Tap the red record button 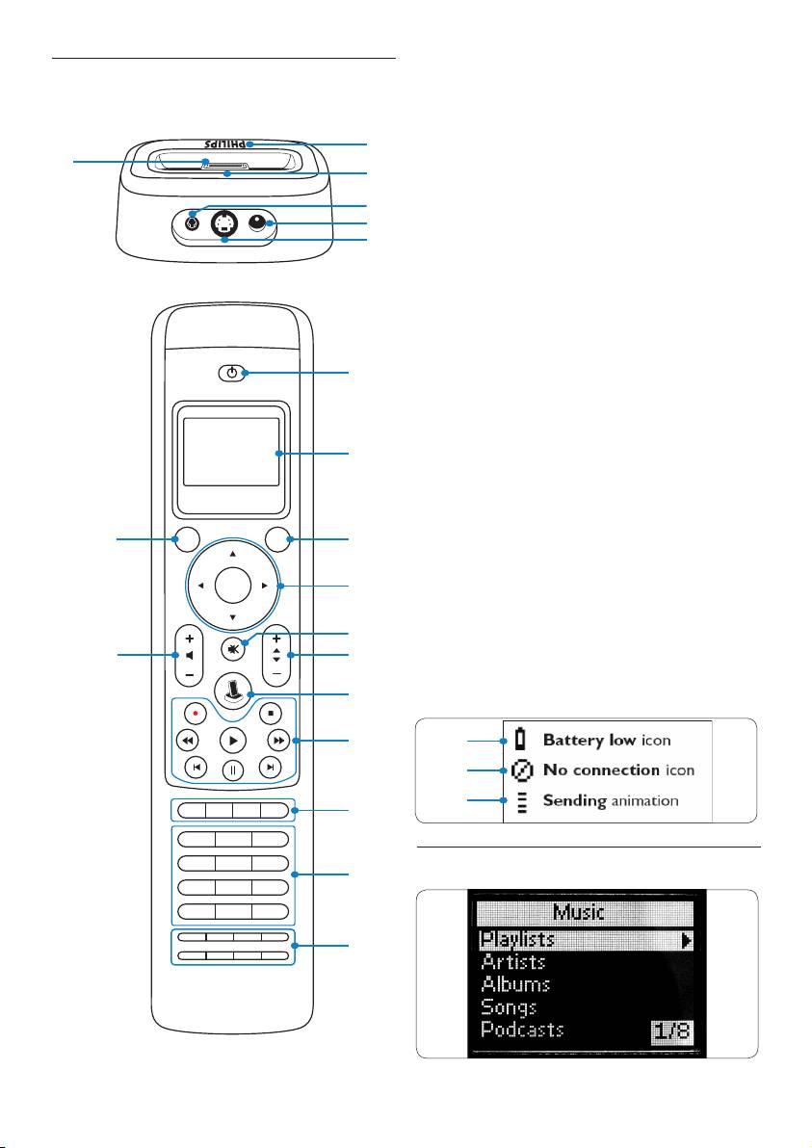coord(196,715)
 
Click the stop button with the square coord(271,715)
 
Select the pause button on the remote coord(233,770)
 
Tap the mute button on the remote coord(233,647)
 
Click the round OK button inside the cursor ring coord(233,584)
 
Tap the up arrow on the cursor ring coord(233,554)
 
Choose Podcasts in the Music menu coord(522,1030)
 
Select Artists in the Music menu coord(513,961)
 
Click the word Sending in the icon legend coord(575,800)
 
